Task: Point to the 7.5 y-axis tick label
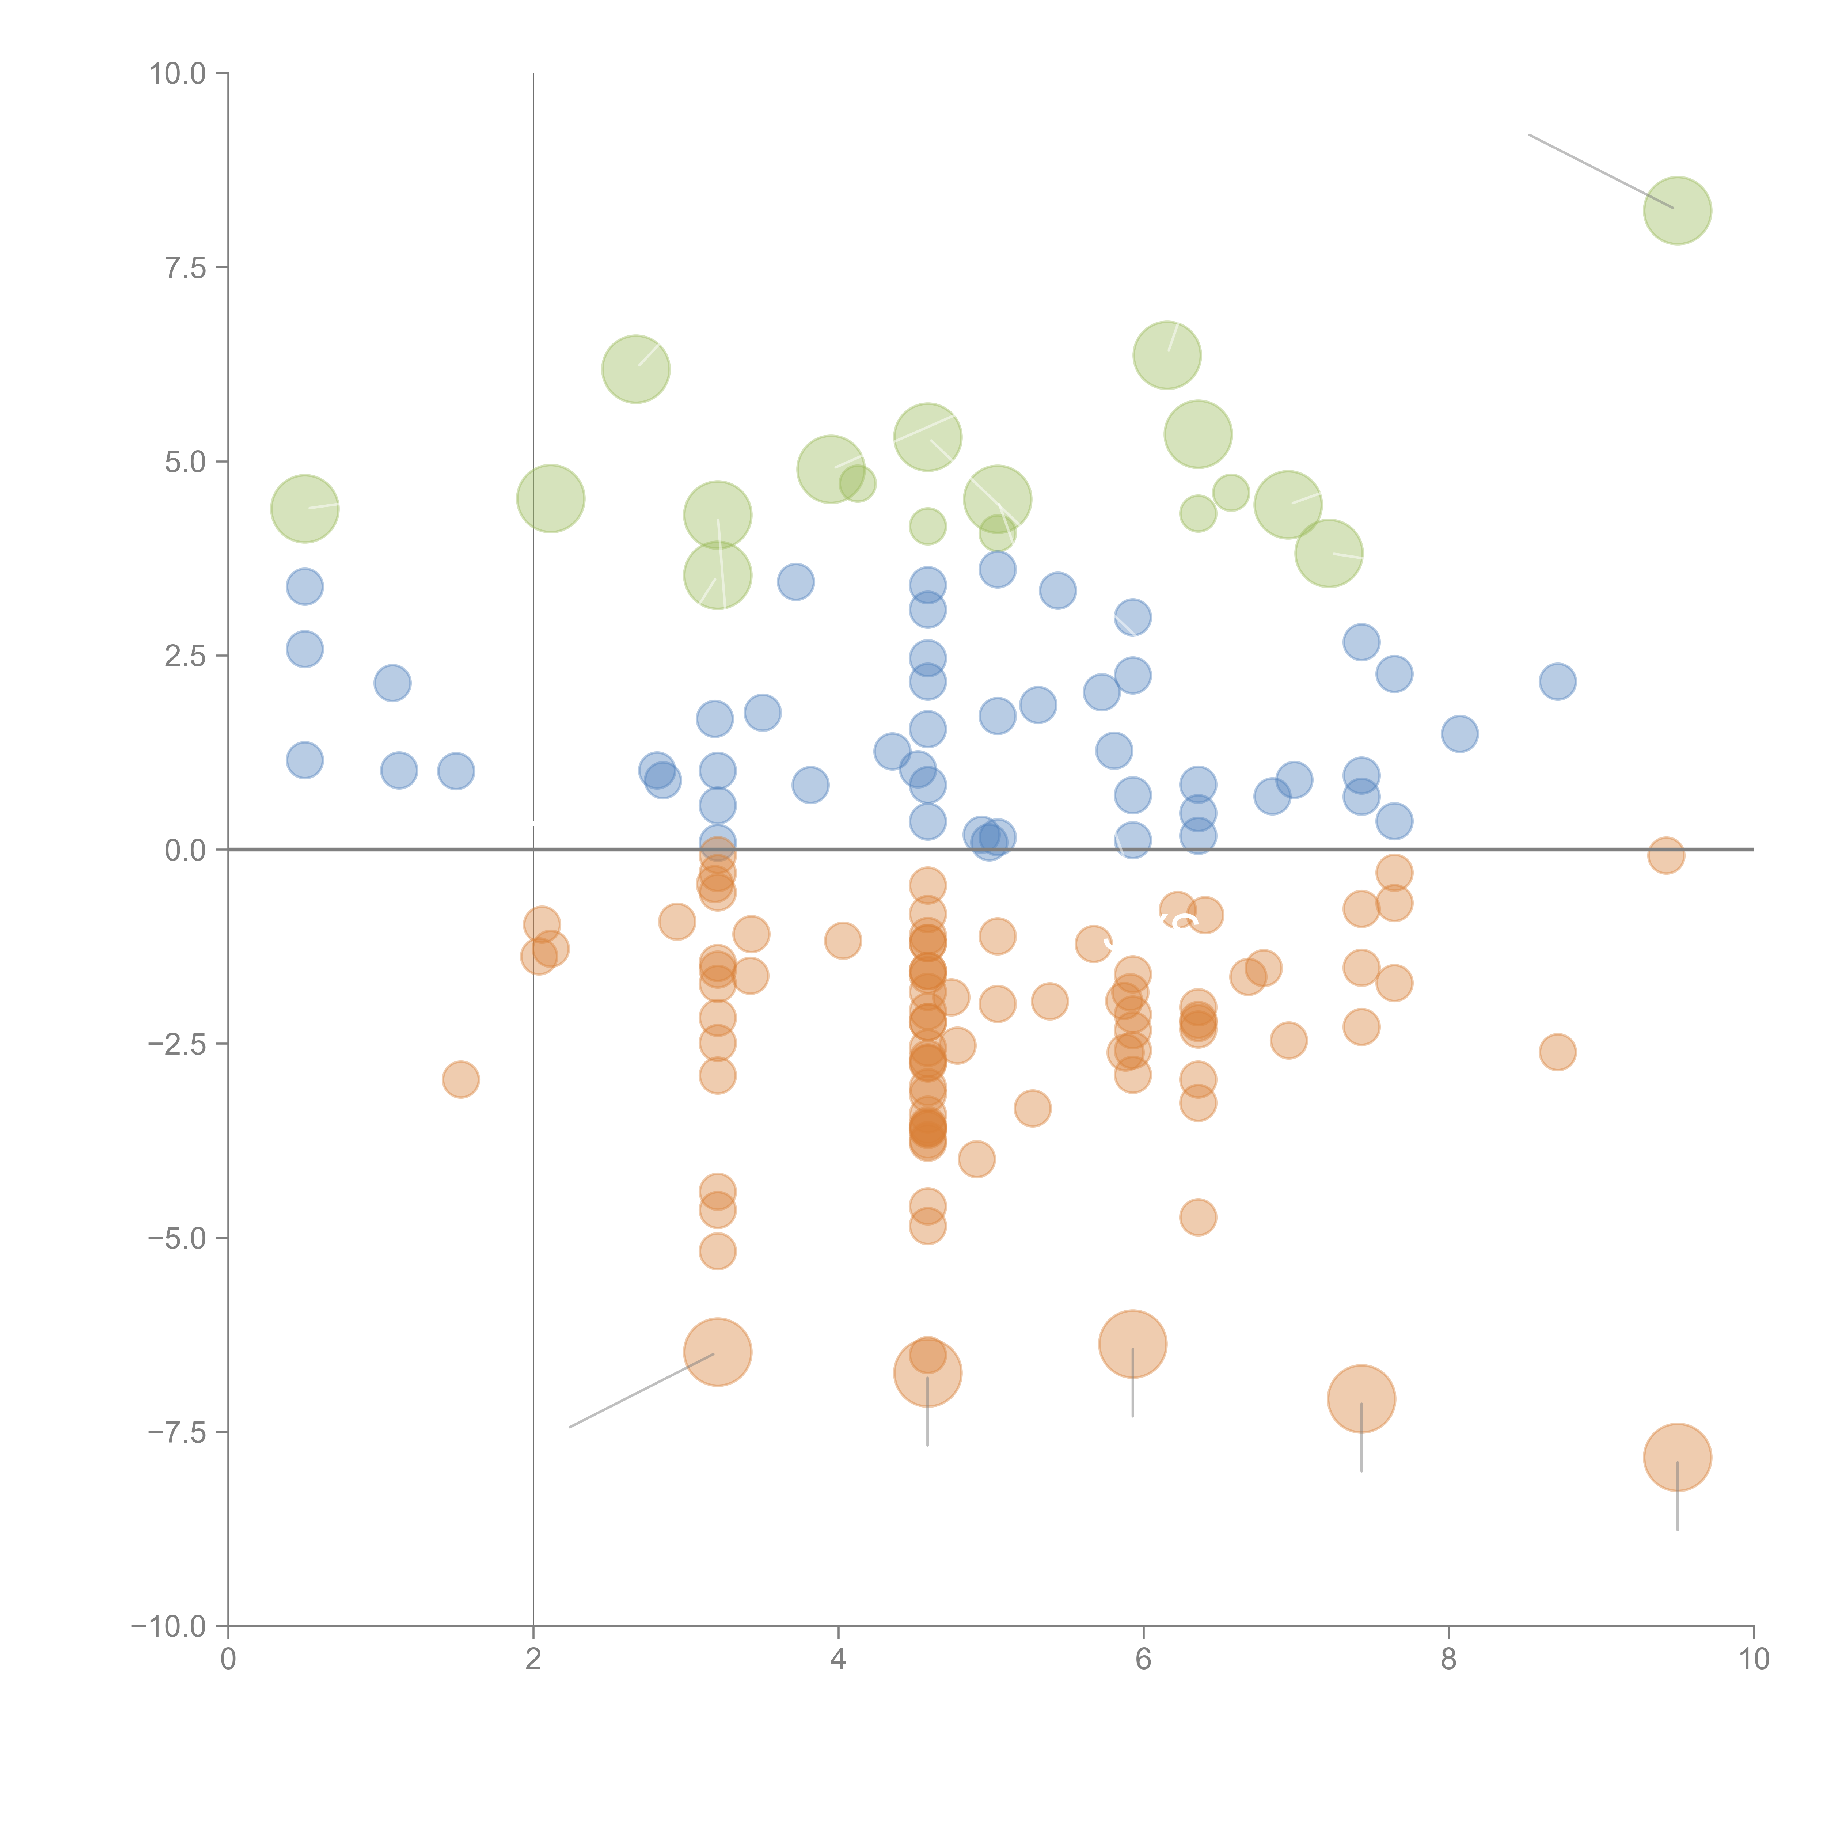tap(185, 267)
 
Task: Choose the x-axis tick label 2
tap(533, 1660)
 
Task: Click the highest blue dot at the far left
tap(304, 586)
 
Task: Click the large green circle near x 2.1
tap(550, 498)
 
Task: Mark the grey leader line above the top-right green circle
tap(1598, 170)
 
